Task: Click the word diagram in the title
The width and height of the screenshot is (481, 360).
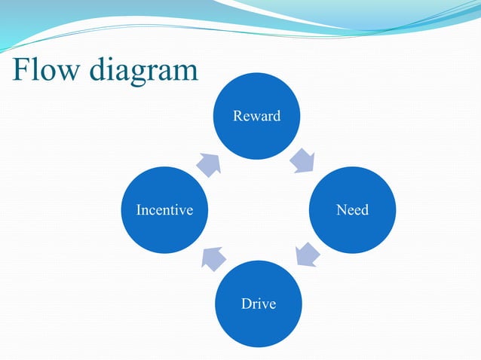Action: point(143,72)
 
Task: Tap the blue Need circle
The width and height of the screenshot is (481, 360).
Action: point(352,209)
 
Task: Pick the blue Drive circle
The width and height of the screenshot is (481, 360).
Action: point(258,304)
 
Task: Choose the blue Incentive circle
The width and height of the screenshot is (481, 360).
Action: point(164,209)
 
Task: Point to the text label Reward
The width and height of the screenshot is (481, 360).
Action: point(257,116)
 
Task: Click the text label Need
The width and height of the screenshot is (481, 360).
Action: point(352,210)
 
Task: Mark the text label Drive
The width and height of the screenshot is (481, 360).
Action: point(258,304)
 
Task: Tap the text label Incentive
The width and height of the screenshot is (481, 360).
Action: point(164,210)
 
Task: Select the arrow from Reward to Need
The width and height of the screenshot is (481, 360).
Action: point(303,160)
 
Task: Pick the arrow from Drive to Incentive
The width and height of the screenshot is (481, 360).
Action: point(212,258)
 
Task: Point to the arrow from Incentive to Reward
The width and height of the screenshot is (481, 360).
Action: point(209,163)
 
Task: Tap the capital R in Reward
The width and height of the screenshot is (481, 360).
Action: point(237,116)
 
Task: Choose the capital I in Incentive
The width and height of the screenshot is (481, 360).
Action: point(138,210)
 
